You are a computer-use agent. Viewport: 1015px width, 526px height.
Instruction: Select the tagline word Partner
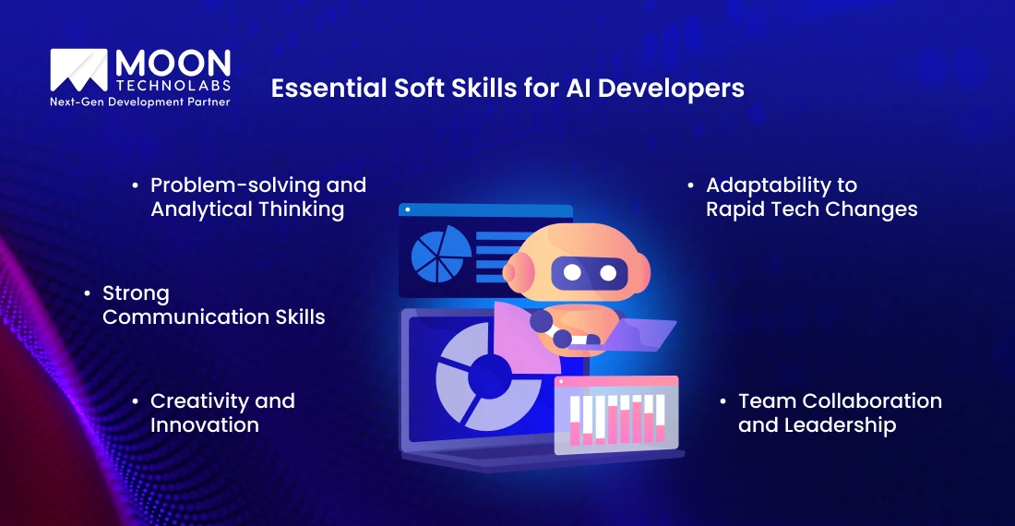click(x=204, y=102)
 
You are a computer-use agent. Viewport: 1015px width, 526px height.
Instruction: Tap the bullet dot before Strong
click(x=88, y=293)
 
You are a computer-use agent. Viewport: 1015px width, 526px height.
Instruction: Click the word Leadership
click(x=840, y=425)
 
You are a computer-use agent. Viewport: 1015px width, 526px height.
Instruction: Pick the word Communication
click(x=173, y=317)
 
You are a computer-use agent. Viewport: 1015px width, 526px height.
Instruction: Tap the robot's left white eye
click(x=572, y=272)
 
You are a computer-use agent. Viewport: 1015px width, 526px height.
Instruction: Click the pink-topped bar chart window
click(x=615, y=414)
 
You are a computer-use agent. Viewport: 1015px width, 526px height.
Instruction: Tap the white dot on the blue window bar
click(x=406, y=210)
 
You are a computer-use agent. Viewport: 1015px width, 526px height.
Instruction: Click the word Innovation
click(x=205, y=425)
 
